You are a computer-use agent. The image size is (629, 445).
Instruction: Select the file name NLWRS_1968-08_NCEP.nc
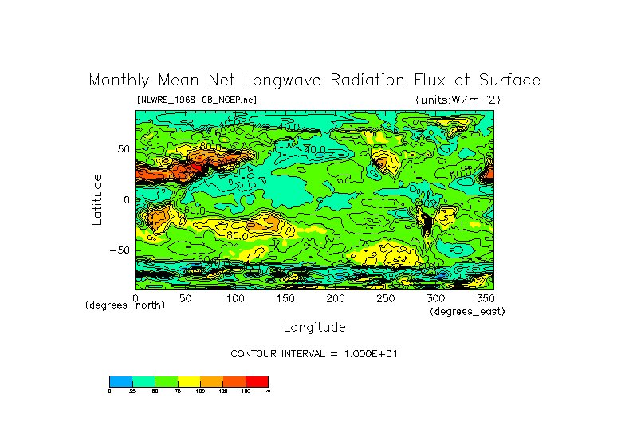[x=197, y=100]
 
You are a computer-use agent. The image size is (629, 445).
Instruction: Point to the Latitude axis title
[x=96, y=199]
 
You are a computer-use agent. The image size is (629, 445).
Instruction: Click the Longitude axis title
[x=314, y=327]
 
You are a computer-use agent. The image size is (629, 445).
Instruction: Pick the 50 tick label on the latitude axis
[x=123, y=149]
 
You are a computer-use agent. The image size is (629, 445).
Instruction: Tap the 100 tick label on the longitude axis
[x=234, y=298]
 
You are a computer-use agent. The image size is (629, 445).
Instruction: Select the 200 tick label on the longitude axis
[x=335, y=298]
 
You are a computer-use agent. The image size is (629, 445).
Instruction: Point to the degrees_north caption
[x=125, y=306]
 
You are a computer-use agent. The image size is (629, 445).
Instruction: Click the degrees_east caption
[x=467, y=312]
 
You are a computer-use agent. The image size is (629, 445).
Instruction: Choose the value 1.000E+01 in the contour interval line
[x=364, y=353]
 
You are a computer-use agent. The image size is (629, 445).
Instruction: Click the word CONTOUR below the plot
[x=254, y=353]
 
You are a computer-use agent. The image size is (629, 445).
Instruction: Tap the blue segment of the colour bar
[x=120, y=381]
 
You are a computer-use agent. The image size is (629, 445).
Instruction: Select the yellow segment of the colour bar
[x=189, y=381]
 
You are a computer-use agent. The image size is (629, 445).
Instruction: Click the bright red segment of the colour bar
[x=257, y=381]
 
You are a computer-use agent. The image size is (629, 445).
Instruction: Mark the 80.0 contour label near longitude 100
[x=237, y=235]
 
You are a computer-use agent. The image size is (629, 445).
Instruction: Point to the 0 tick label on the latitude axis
[x=126, y=200]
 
